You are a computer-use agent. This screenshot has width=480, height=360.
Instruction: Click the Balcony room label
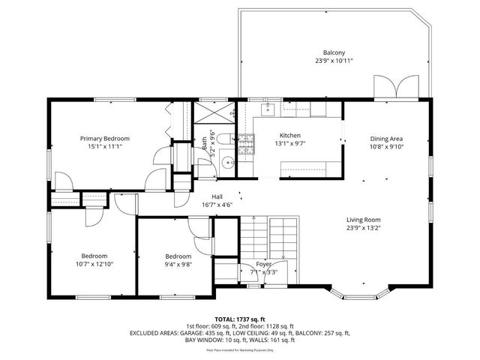[334, 52]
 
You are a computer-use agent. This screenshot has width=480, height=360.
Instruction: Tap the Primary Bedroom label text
[105, 139]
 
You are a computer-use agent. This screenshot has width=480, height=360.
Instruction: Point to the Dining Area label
[386, 139]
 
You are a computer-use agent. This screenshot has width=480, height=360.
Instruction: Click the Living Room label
[364, 219]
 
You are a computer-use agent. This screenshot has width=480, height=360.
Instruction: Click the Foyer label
[263, 264]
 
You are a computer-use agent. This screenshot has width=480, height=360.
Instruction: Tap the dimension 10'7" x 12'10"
[94, 264]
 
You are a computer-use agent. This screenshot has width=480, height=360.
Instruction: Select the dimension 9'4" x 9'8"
[178, 264]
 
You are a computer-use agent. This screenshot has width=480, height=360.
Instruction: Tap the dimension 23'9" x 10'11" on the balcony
[334, 61]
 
